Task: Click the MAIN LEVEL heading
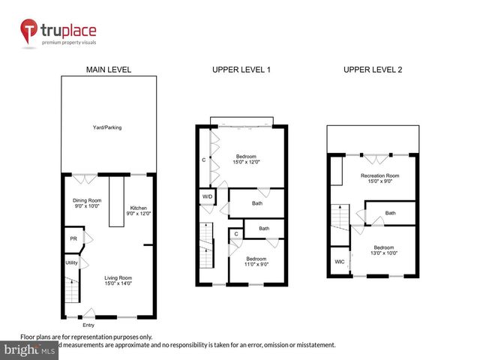click(x=109, y=70)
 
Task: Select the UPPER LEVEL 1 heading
click(x=241, y=70)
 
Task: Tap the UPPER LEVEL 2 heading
click(x=373, y=70)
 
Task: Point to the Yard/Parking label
click(x=108, y=127)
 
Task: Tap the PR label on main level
click(x=73, y=239)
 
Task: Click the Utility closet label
click(x=72, y=263)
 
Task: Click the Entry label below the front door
click(x=88, y=325)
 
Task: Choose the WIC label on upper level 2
click(x=339, y=261)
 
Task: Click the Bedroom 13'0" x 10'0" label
click(x=384, y=250)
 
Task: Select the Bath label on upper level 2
click(x=390, y=213)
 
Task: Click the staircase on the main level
click(x=72, y=289)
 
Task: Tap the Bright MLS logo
click(x=30, y=350)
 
